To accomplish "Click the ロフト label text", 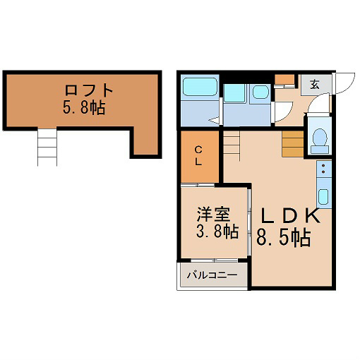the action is coord(89,90).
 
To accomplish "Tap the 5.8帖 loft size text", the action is coord(84,108).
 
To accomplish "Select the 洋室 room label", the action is coord(213,214).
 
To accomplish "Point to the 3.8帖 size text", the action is coord(217,232).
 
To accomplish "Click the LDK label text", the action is coord(291,216).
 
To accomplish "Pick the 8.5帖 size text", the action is coord(284,238).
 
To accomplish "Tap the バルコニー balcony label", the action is coord(212,275).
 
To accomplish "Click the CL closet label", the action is coord(198,156).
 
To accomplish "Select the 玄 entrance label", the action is coord(315,85).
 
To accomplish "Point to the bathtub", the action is coord(200,87).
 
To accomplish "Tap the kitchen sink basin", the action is coord(323,196).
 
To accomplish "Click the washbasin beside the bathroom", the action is coord(260,92).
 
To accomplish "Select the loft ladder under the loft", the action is coord(47,148).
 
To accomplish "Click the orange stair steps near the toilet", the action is coord(293,144).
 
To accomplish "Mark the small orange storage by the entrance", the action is coord(284,79).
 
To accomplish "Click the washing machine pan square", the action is coord(234,93).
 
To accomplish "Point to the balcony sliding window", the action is coord(214,260).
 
